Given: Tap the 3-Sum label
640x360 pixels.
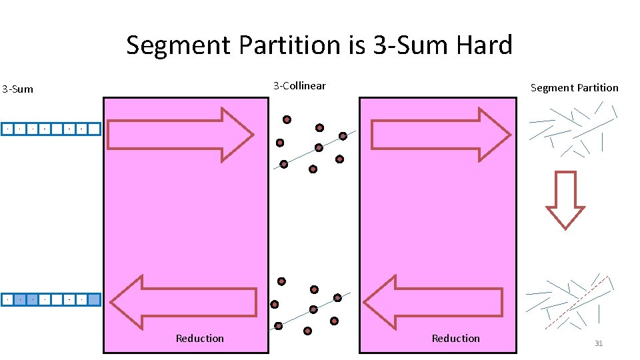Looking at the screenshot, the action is pyautogui.click(x=17, y=89).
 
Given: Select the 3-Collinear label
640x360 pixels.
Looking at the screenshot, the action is pyautogui.click(x=299, y=85).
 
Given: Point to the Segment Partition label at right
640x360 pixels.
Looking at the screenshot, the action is pyautogui.click(x=574, y=87).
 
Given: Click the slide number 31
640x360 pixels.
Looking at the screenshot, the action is pyautogui.click(x=598, y=343).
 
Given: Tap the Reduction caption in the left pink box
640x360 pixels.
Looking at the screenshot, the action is pyautogui.click(x=199, y=339).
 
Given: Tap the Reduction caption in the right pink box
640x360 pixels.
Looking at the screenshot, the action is pyautogui.click(x=455, y=339).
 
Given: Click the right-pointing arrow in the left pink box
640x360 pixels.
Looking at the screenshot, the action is pyautogui.click(x=180, y=135).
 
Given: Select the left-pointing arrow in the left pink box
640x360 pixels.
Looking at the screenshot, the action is pyautogui.click(x=183, y=302).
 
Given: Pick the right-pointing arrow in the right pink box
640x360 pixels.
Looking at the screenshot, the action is pyautogui.click(x=441, y=135).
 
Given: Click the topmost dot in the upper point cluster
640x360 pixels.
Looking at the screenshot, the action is pyautogui.click(x=287, y=120).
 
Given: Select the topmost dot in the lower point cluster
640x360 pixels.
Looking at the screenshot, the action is pyautogui.click(x=281, y=281).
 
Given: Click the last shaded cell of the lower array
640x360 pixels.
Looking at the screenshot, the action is pyautogui.click(x=94, y=300).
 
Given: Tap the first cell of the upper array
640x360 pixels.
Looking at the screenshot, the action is pyautogui.click(x=7, y=129).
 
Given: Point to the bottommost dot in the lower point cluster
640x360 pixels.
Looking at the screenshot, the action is pyautogui.click(x=307, y=331).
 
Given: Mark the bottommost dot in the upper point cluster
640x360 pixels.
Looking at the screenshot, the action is pyautogui.click(x=313, y=170).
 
